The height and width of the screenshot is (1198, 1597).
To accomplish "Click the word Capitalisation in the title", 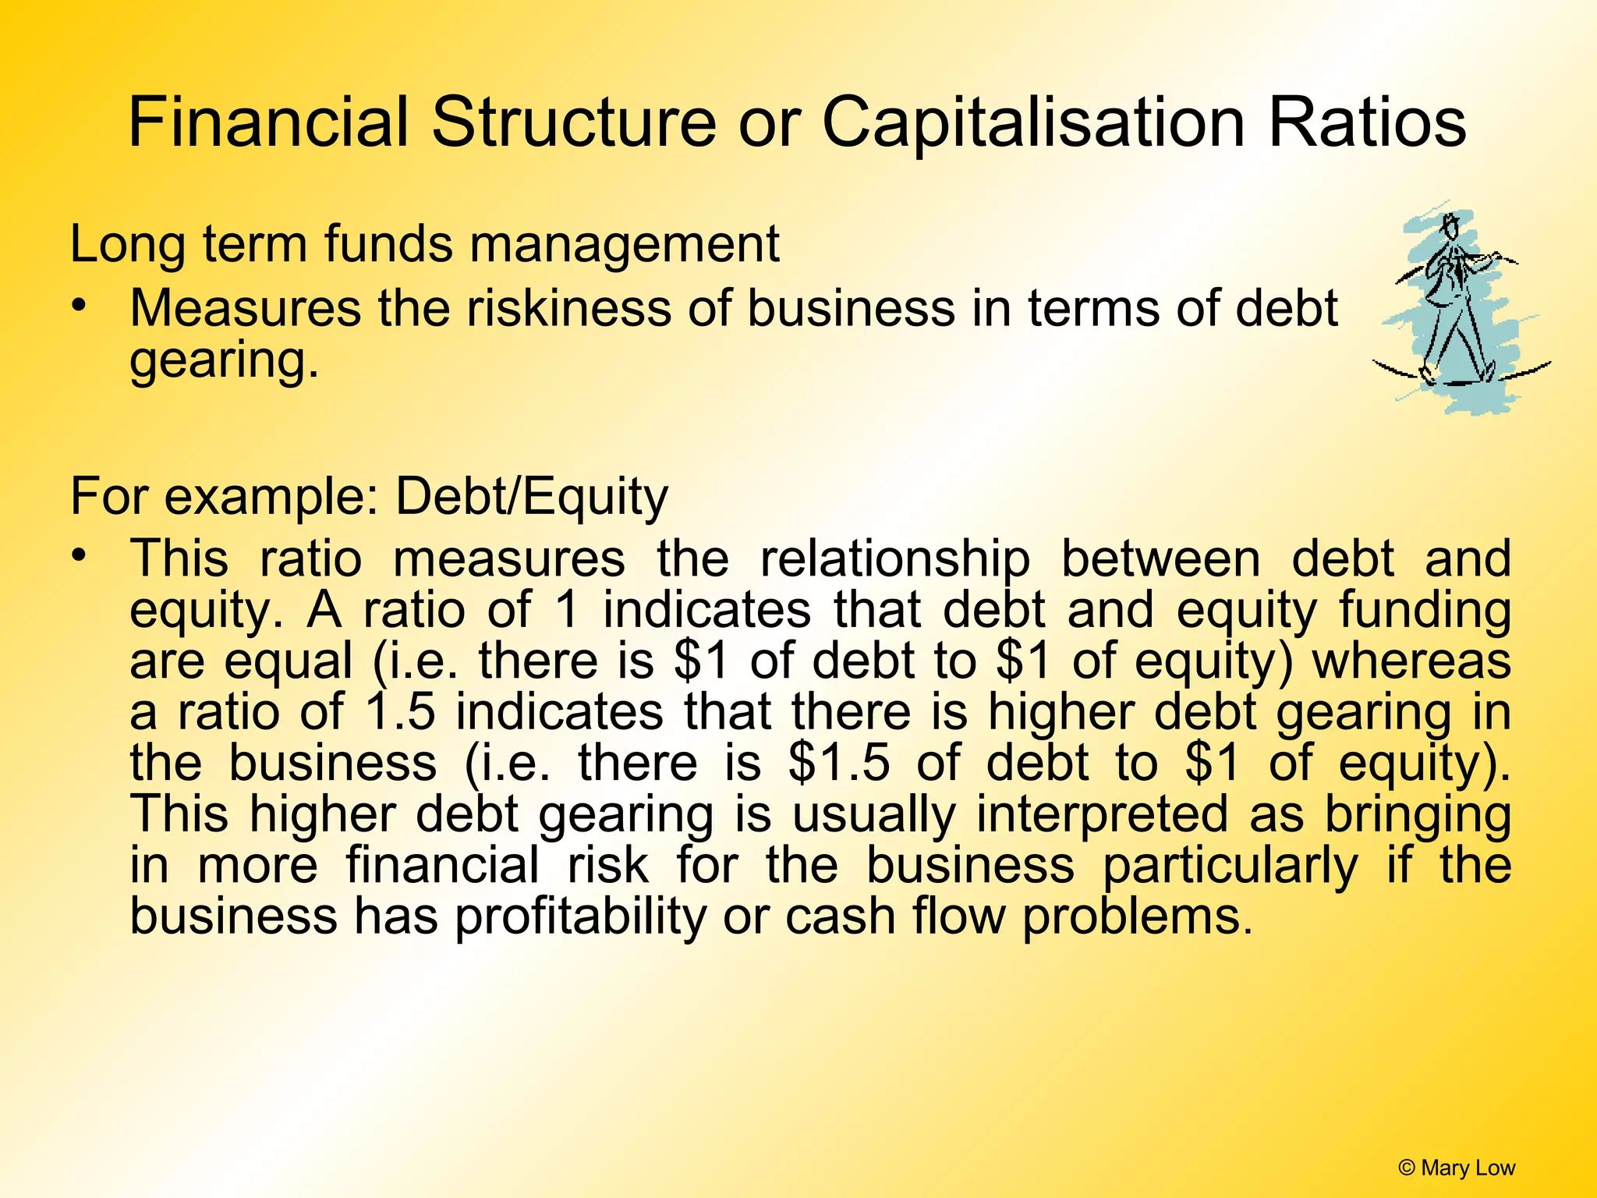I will [x=1033, y=123].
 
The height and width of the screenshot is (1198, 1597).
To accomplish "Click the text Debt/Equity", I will [x=532, y=497].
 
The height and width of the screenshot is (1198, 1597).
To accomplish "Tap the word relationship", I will [x=895, y=560].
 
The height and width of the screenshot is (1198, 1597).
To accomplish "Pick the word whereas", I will [x=1411, y=661].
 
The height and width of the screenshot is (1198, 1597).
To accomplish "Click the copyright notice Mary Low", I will [x=1457, y=1168].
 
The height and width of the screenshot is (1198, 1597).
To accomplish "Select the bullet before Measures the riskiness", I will [x=78, y=305].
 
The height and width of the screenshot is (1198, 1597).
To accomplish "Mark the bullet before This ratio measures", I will [x=78, y=556].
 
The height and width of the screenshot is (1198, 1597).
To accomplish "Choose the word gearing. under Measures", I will [x=225, y=360].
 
